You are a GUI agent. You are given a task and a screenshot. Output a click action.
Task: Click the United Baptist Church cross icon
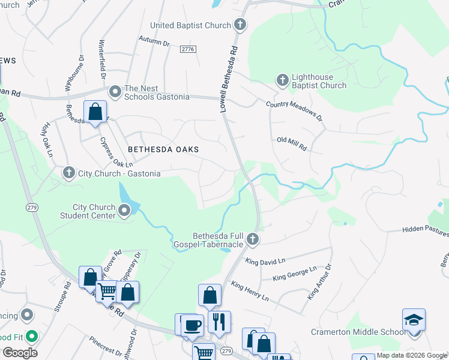tap(240, 25)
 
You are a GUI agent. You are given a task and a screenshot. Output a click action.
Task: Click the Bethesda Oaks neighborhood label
tap(163, 149)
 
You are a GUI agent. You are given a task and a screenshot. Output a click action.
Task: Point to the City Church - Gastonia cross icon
tap(69, 173)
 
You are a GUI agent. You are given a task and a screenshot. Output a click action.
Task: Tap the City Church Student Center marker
tap(124, 211)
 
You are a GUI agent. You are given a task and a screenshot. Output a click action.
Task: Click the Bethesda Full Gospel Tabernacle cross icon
tap(253, 239)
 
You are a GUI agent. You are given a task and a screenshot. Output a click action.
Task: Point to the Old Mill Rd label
tap(292, 140)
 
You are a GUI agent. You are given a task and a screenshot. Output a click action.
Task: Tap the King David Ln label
tap(265, 261)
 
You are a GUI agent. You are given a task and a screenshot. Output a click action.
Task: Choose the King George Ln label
tap(294, 274)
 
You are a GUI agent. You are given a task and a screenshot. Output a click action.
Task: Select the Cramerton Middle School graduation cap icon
tap(414, 319)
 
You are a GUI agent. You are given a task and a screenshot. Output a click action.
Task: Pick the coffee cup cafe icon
tap(192, 325)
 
